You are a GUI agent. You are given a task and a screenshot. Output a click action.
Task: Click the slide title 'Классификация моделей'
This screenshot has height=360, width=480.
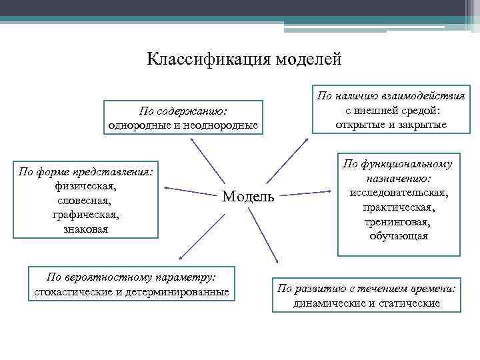(x=244, y=59)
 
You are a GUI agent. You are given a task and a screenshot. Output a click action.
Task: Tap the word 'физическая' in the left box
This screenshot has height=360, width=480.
(x=85, y=186)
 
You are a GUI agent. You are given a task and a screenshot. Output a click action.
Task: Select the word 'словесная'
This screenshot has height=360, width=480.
(x=85, y=200)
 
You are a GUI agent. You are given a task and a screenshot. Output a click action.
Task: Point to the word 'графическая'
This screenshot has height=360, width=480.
(x=85, y=215)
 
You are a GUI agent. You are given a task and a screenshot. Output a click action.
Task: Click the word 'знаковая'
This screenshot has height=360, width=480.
(x=85, y=229)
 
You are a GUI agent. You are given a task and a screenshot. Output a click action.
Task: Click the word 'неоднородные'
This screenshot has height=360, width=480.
(x=223, y=125)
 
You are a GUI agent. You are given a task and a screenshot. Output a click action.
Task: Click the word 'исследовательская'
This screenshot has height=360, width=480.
(x=399, y=193)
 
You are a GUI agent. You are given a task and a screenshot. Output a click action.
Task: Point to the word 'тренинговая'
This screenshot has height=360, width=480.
(x=399, y=222)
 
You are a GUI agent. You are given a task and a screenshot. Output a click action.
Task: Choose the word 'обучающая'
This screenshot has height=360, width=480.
(x=399, y=236)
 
